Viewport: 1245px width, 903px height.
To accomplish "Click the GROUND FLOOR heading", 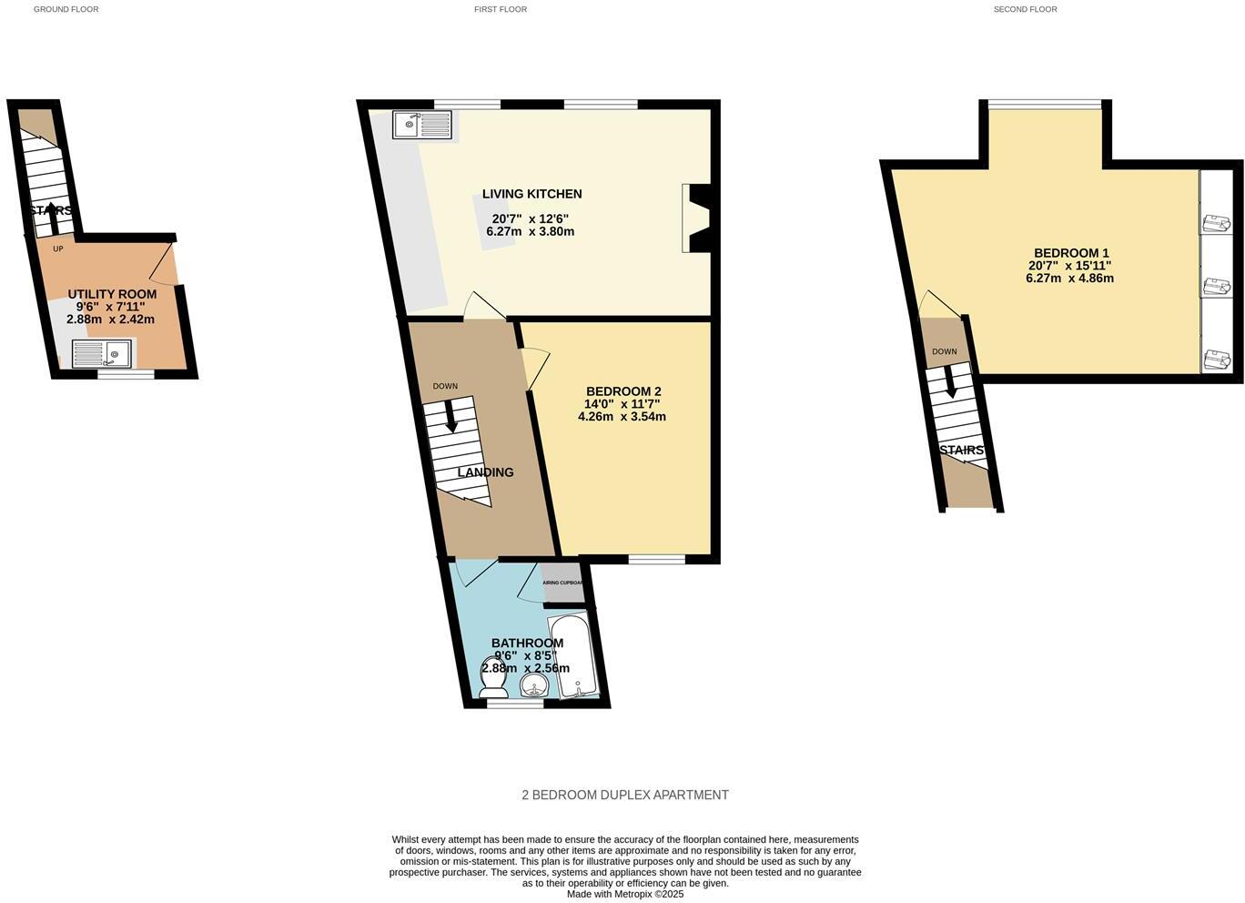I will point(66,9).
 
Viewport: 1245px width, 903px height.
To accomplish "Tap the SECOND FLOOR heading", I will point(1025,9).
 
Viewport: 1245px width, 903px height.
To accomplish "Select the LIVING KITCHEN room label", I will point(531,194).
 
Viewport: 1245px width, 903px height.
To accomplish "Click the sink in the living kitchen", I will point(422,125).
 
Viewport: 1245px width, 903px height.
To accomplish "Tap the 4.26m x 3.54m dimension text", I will point(622,417).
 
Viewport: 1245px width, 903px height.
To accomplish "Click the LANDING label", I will point(485,472).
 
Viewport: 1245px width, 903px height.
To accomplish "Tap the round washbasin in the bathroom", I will point(533,685).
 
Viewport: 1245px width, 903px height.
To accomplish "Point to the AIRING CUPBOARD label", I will point(562,583).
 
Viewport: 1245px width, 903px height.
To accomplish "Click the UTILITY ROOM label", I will point(112,294).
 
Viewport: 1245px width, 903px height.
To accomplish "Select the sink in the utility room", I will point(101,353).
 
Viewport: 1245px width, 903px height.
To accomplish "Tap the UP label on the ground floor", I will point(58,249).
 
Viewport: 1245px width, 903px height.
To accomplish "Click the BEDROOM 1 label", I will point(1071,253).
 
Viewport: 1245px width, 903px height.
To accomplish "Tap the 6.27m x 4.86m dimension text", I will point(1069,279).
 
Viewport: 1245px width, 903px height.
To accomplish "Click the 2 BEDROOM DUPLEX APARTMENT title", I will point(624,795).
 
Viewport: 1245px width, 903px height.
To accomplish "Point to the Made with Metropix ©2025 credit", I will point(624,894).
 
